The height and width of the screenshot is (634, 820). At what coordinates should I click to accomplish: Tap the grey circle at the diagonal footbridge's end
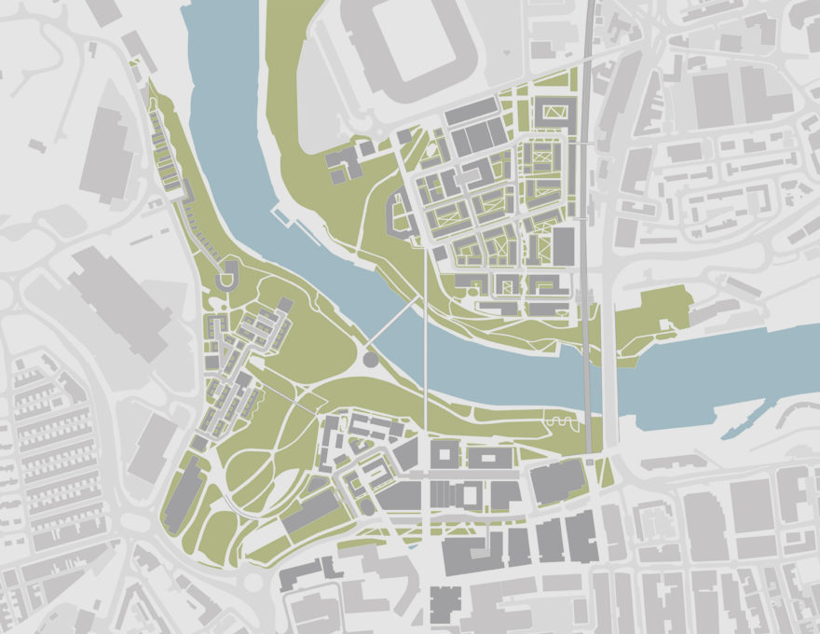[370, 358]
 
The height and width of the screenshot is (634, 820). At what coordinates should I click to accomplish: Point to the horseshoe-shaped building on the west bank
[226, 276]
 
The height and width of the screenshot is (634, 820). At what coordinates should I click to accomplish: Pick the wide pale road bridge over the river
[610, 382]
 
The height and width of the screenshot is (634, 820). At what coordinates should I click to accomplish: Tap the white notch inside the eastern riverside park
[664, 326]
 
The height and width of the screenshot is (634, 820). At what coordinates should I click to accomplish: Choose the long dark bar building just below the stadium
[471, 113]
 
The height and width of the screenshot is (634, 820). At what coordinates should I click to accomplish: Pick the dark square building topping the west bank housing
[285, 304]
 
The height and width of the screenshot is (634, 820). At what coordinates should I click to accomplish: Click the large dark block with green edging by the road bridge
[557, 482]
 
